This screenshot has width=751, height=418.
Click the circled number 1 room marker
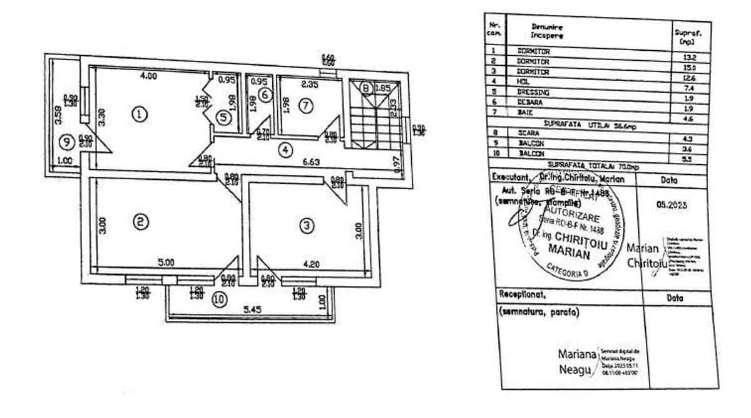140,114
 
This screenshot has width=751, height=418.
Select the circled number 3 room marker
305,226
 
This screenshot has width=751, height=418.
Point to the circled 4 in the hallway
285,150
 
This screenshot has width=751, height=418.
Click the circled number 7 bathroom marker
305,106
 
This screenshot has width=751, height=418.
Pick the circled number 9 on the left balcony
65,142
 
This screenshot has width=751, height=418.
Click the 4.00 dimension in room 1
148,76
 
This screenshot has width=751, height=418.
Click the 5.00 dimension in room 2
165,263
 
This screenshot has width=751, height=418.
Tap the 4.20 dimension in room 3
310,264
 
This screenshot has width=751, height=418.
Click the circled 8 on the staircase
365,88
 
